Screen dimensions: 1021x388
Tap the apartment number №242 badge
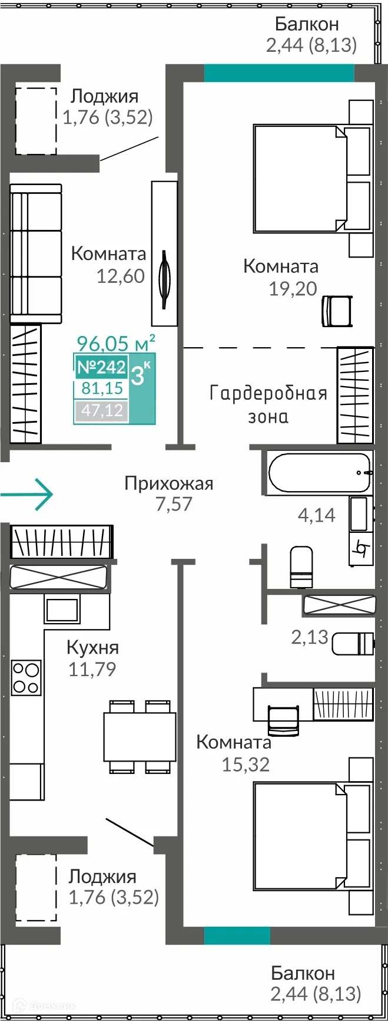click(101, 367)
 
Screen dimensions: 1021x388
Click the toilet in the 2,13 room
click(352, 643)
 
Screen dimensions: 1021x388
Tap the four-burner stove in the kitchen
click(26, 677)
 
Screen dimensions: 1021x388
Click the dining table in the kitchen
click(140, 736)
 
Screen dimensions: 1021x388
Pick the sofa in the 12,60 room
click(36, 253)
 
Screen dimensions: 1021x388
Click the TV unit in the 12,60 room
click(164, 253)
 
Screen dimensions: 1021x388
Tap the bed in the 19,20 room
click(300, 177)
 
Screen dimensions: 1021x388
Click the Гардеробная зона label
click(268, 404)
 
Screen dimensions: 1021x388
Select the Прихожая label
click(169, 484)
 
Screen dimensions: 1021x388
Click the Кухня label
click(92, 647)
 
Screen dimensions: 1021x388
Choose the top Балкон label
click(307, 24)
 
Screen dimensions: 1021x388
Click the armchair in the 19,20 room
click(337, 311)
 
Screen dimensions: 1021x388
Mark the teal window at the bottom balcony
click(237, 936)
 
